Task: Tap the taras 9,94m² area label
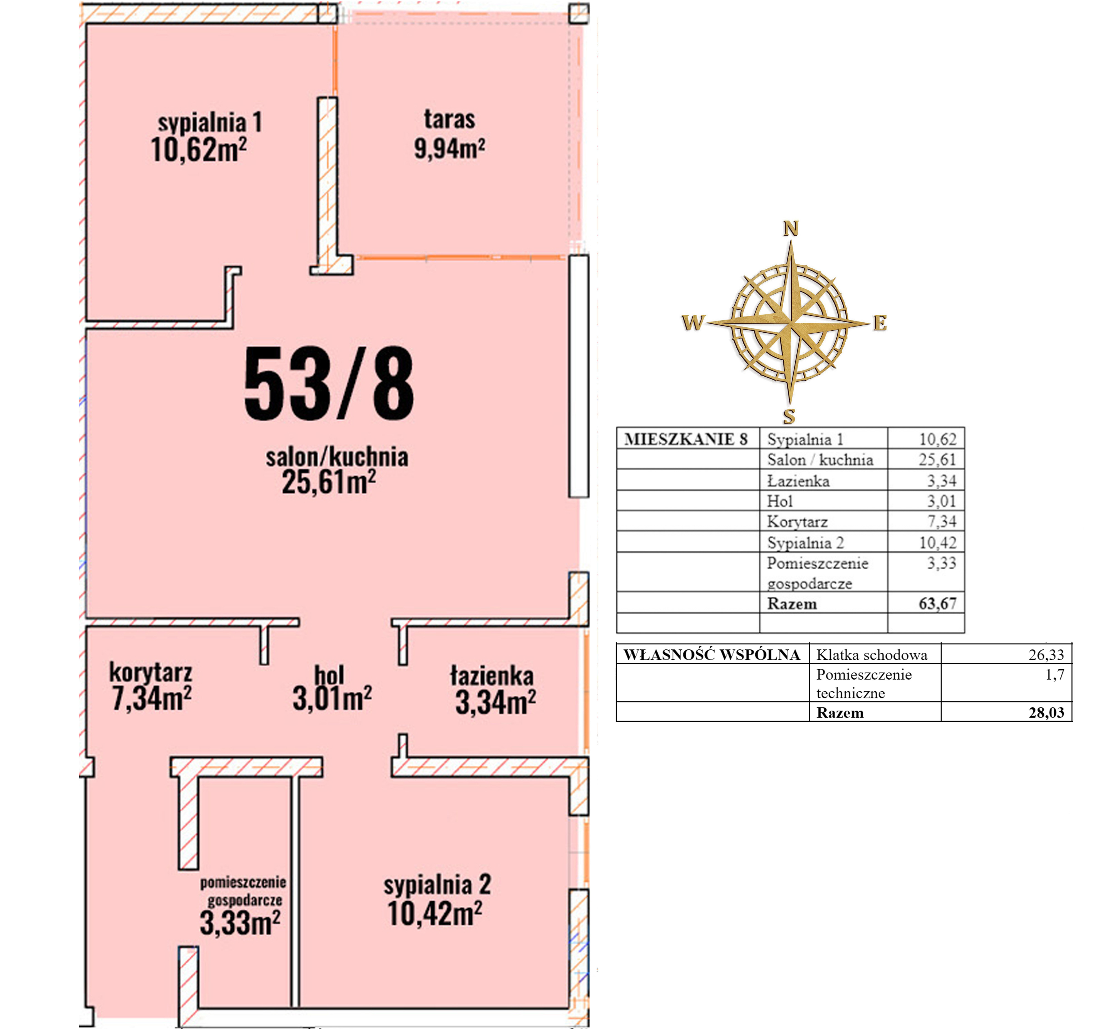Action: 449,134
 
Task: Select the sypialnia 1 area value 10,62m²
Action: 198,150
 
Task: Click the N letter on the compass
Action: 791,228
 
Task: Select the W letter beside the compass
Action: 693,322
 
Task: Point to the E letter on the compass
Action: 880,323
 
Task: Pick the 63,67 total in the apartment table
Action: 937,603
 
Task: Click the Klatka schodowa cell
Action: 872,655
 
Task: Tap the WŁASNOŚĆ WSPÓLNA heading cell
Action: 712,655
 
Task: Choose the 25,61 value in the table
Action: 937,460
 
